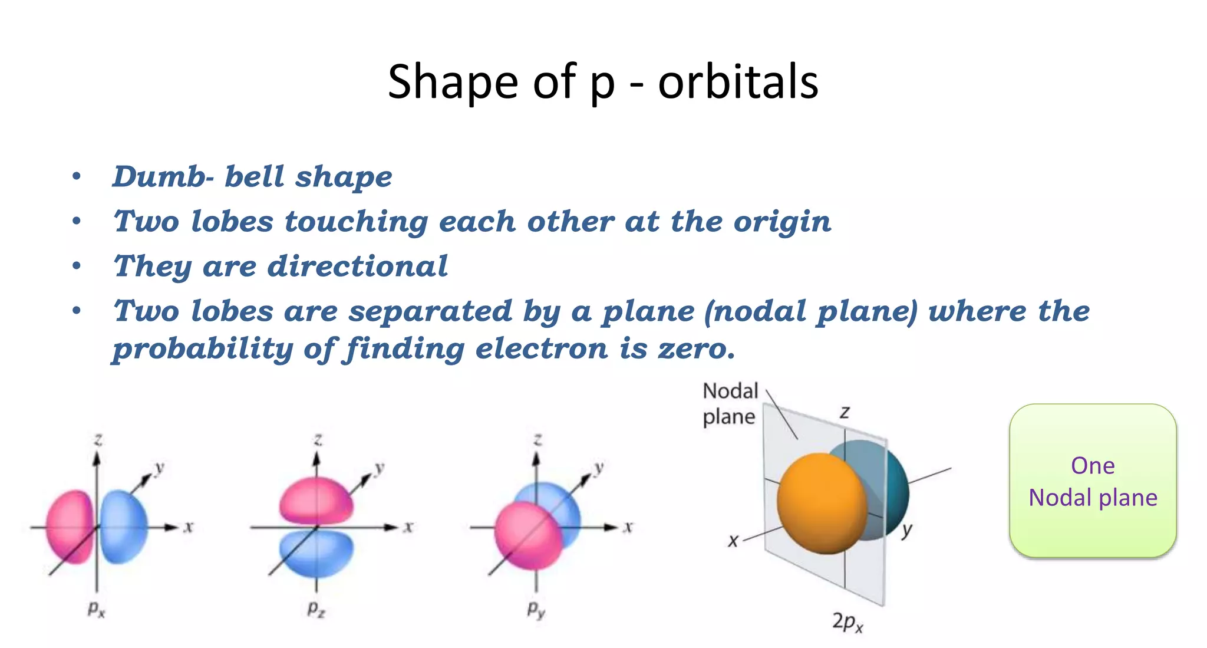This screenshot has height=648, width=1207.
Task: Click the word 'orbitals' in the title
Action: (x=738, y=82)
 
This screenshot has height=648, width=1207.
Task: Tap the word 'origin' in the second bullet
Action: (x=782, y=222)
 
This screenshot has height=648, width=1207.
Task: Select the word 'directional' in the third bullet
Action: (x=358, y=267)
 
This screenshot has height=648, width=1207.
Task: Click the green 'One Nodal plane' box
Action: (x=1093, y=481)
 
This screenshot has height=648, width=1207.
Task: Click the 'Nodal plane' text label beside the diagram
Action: (x=730, y=404)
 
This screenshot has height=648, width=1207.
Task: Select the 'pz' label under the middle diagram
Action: (x=316, y=608)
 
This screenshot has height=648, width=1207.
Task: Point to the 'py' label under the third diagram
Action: (x=536, y=609)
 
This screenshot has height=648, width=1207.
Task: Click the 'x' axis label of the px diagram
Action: (x=188, y=527)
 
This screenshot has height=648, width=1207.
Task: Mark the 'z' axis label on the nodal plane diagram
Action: (x=845, y=412)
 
